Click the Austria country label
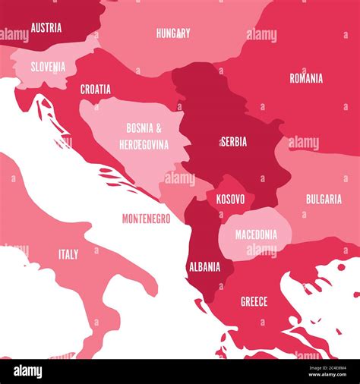click(x=46, y=28)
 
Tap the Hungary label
click(x=173, y=33)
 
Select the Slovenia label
click(x=48, y=67)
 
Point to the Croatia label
click(x=96, y=90)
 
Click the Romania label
click(x=306, y=78)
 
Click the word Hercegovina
click(x=144, y=144)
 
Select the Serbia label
click(x=233, y=141)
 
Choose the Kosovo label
click(x=230, y=199)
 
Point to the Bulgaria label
click(x=324, y=199)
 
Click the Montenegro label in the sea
click(x=146, y=219)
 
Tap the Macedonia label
click(x=256, y=234)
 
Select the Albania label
click(x=204, y=266)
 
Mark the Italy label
click(x=68, y=254)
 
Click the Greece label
click(x=254, y=301)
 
